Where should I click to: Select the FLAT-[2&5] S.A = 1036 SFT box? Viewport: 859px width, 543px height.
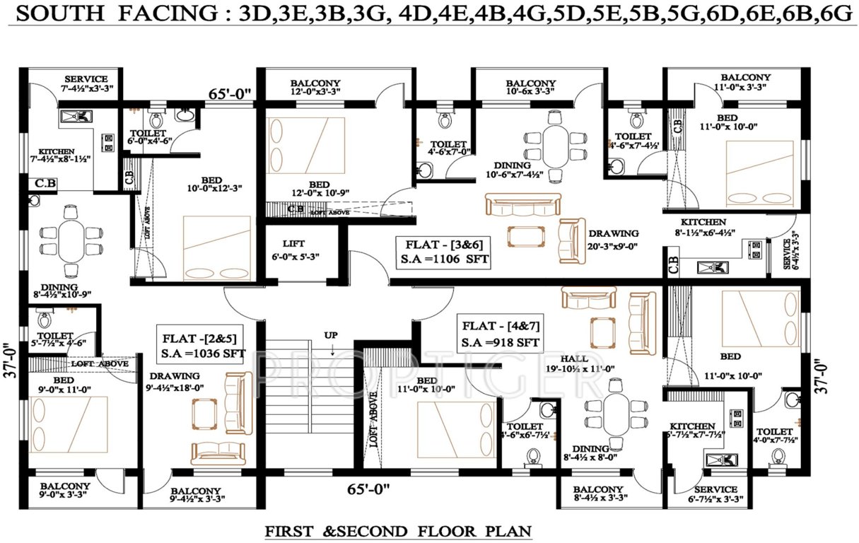pos(202,344)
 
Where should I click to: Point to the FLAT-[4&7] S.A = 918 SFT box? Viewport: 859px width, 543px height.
pos(501,335)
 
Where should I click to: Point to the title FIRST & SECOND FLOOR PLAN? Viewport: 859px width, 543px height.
pos(398,531)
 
